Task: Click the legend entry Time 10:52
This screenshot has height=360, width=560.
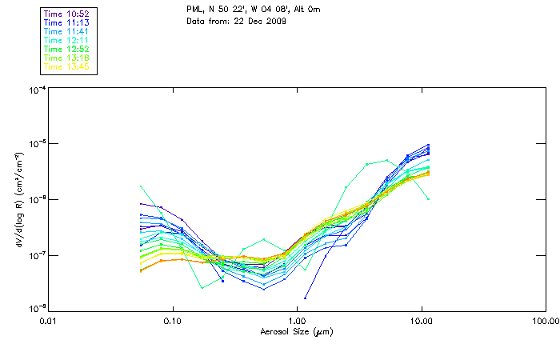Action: (67, 13)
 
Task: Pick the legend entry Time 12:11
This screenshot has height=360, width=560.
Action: (67, 39)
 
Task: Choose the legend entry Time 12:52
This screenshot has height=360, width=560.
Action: (67, 48)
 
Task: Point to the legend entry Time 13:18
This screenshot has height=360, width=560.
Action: (67, 57)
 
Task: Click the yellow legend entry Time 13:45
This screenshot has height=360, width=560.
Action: (67, 66)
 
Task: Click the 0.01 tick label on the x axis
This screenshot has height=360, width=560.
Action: (49, 321)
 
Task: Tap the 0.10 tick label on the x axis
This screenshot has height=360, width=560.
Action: (173, 321)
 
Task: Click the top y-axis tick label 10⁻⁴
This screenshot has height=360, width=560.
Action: (37, 90)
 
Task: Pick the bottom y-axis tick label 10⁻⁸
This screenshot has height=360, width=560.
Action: (37, 309)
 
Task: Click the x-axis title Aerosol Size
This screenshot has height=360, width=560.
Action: (296, 331)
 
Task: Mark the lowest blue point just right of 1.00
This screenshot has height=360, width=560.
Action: (306, 298)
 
